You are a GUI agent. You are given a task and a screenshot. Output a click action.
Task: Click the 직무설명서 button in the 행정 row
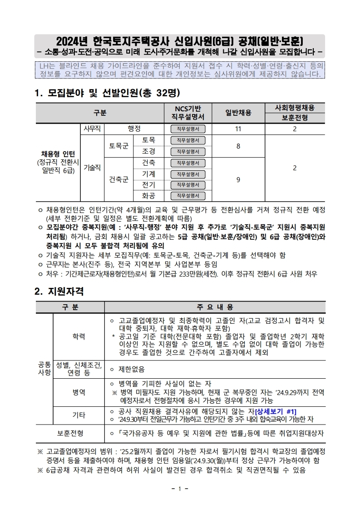click(x=188, y=129)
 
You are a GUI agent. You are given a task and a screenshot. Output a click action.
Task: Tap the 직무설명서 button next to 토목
click(x=188, y=140)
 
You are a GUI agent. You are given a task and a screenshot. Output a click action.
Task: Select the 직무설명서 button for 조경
click(x=188, y=151)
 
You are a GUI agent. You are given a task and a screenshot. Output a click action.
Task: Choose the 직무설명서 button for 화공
click(x=188, y=196)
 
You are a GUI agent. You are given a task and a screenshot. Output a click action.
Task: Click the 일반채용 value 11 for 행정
click(x=238, y=129)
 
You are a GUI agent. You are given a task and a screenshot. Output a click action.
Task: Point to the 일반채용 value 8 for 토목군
click(x=238, y=146)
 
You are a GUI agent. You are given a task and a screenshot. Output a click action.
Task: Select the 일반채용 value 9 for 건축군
click(x=238, y=179)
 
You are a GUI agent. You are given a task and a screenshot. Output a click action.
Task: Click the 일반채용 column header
click(x=238, y=113)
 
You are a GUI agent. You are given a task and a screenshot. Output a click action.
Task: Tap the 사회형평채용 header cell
click(x=295, y=108)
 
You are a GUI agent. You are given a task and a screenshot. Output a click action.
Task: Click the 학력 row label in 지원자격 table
click(x=79, y=336)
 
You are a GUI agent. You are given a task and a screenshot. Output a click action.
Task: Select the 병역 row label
click(x=79, y=391)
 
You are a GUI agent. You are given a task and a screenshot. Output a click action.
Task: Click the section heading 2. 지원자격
click(x=59, y=291)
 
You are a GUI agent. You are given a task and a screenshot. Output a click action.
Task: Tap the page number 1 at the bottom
click(x=180, y=489)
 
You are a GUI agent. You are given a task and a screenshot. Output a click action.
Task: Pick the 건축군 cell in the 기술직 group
click(x=118, y=179)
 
